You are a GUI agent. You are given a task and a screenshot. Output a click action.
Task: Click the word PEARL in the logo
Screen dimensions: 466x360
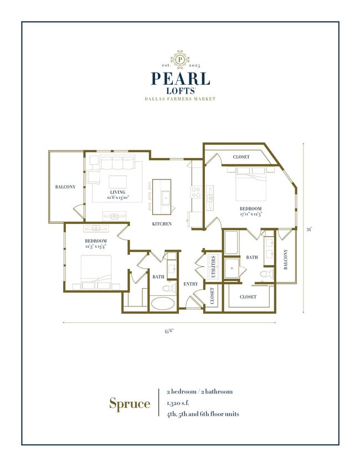coord(179,79)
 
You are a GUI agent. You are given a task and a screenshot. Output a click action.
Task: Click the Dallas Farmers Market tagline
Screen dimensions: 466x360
coord(180,99)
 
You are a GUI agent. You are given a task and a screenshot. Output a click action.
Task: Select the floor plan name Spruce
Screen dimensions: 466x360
coord(129,403)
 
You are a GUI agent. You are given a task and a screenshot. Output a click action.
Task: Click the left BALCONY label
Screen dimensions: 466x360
coord(65,187)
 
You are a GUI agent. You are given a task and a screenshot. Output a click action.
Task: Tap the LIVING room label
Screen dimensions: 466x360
coord(117,192)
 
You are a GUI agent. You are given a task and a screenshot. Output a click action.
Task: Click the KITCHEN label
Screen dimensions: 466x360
coord(162,224)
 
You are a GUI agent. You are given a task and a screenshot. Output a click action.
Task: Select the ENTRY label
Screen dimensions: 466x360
coord(191,284)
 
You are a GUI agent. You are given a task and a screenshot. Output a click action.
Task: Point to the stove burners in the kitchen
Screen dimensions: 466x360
coord(196,192)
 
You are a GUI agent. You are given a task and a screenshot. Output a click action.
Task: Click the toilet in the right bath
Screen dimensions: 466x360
coord(267,274)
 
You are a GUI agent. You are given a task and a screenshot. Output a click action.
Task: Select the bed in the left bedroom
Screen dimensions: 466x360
coord(98,270)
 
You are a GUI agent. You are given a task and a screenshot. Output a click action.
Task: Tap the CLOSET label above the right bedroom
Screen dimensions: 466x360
coord(241,157)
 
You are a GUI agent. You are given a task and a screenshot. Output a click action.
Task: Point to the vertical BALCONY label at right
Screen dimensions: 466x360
coord(286,260)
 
